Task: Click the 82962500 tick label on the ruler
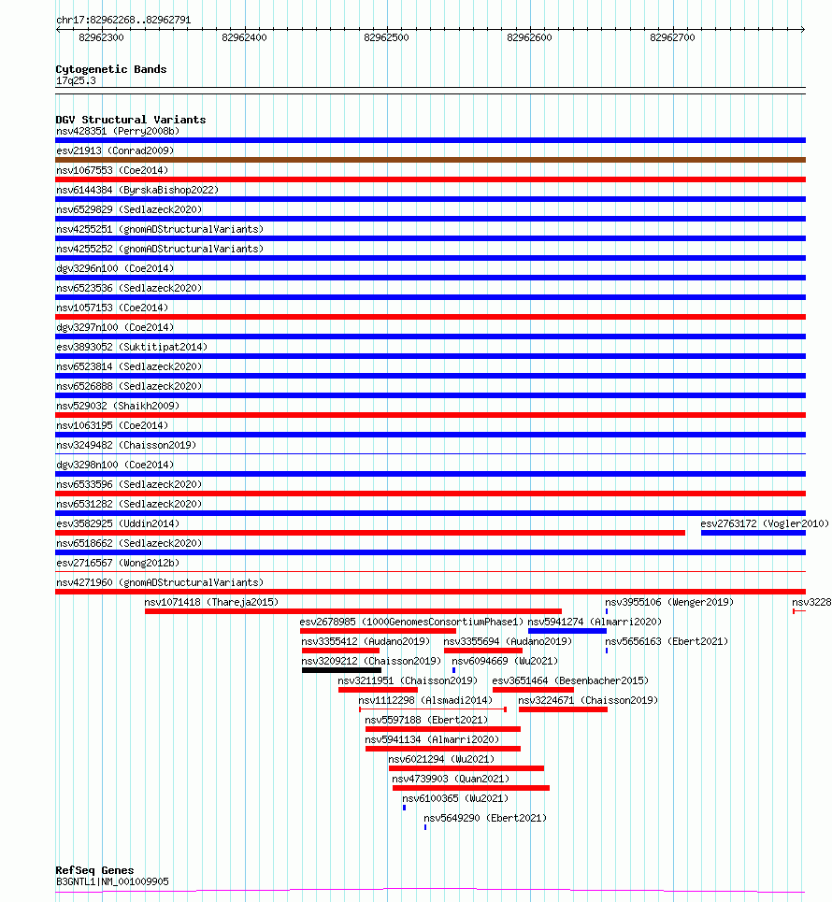(x=386, y=37)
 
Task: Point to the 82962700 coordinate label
(x=672, y=37)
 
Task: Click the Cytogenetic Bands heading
(x=110, y=69)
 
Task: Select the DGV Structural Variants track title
(x=130, y=120)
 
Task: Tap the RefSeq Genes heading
(x=94, y=870)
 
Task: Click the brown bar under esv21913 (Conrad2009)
(x=430, y=160)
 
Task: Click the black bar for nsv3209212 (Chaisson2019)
(x=341, y=670)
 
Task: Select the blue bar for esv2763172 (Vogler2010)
(x=753, y=533)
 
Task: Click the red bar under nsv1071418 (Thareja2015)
(x=352, y=611)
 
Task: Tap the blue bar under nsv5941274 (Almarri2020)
(x=567, y=631)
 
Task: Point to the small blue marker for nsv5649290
(x=425, y=827)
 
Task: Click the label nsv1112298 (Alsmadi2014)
(x=425, y=700)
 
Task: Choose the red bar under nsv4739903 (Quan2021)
(x=470, y=788)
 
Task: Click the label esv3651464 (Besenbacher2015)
(x=570, y=680)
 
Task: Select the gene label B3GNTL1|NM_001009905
(x=112, y=881)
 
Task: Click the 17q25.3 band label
(x=76, y=80)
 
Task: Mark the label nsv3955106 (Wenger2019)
(x=669, y=602)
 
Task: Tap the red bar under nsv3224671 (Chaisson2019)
(x=563, y=709)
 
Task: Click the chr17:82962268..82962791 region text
(x=123, y=19)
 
